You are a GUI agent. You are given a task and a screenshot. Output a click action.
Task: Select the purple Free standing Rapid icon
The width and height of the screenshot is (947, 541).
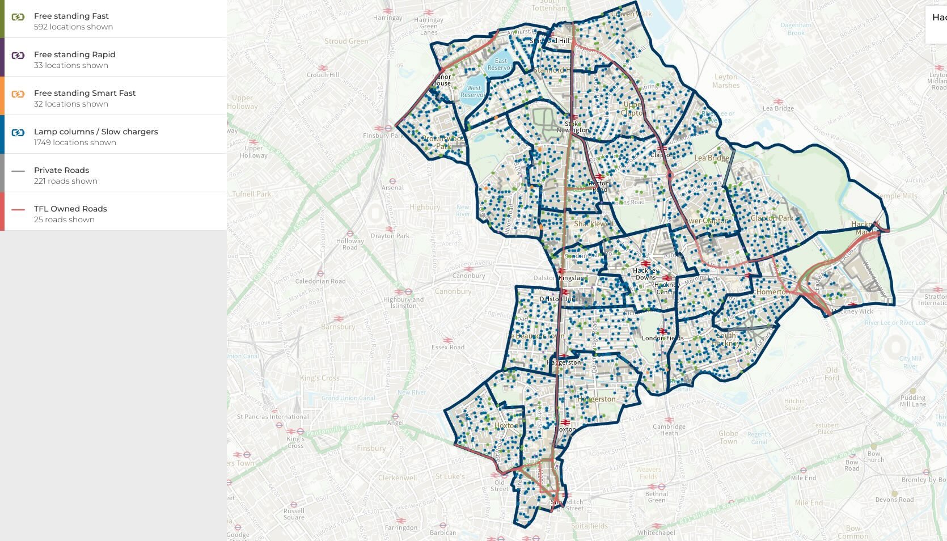tap(18, 56)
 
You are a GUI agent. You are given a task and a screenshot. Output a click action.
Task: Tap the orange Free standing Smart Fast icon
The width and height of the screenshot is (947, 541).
tap(18, 94)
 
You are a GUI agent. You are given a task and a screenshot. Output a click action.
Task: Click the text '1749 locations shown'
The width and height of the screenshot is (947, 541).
tap(75, 142)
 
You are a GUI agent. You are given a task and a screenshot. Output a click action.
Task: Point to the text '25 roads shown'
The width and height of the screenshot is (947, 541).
tap(64, 219)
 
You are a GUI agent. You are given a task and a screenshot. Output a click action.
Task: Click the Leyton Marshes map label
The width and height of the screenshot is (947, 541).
tap(726, 81)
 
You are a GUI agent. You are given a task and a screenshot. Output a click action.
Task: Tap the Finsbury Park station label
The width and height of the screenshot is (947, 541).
tap(383, 136)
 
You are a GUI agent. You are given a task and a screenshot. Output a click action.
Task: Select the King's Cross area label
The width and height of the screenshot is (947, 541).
tap(320, 378)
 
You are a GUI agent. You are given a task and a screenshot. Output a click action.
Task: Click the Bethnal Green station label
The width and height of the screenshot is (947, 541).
tap(656, 497)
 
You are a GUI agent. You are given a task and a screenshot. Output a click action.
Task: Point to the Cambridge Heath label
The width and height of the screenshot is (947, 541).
tap(669, 430)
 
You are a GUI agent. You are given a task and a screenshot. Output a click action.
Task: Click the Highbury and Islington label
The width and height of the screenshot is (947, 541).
tap(403, 302)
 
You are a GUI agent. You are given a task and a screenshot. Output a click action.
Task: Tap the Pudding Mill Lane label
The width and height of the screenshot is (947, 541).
tap(912, 401)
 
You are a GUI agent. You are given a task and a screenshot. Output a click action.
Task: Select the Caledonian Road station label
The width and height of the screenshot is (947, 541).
tap(320, 281)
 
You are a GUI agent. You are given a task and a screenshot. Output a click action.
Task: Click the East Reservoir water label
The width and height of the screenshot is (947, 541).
tap(501, 64)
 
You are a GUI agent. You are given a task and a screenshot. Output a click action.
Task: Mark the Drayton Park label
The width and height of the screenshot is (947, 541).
tap(390, 236)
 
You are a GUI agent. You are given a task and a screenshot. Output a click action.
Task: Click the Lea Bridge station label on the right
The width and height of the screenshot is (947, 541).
tap(778, 108)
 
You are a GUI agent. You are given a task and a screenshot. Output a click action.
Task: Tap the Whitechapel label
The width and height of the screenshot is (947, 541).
tap(656, 532)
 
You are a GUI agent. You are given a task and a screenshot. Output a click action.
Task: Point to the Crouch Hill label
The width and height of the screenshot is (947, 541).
tap(323, 75)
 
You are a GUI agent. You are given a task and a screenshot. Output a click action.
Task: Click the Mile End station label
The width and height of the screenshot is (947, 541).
tap(804, 478)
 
